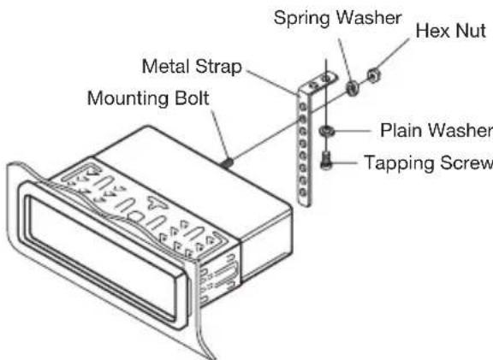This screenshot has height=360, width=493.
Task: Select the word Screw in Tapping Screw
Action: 460,162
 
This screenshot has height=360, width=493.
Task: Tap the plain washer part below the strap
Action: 327,132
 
